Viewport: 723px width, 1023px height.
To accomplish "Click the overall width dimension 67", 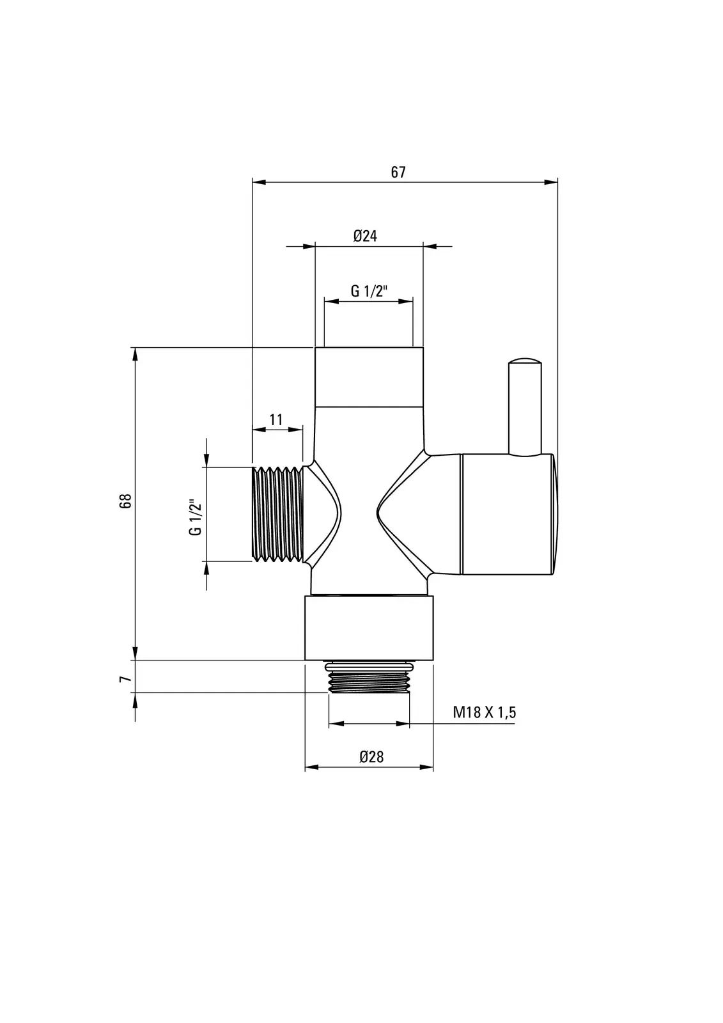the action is [x=398, y=172].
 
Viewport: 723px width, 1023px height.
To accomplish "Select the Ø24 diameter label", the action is [x=365, y=236].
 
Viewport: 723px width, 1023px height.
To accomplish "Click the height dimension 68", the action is [x=125, y=501].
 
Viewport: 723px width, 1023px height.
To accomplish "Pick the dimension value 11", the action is [x=276, y=419].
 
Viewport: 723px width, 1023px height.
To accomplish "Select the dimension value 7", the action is [x=125, y=679].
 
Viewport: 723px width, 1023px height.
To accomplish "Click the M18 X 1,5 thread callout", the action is [x=484, y=712].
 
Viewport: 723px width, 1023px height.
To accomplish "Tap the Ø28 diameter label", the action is [x=371, y=757].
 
